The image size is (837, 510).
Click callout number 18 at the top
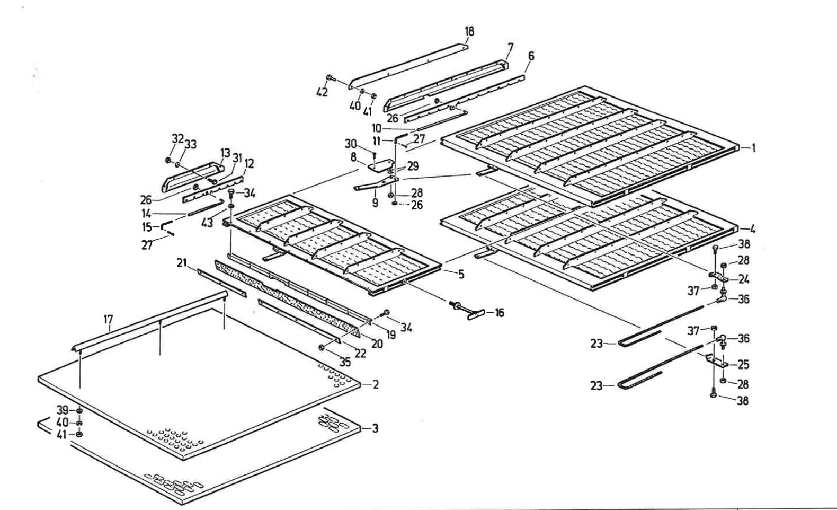[x=469, y=31]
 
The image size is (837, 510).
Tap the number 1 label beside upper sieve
[x=752, y=148]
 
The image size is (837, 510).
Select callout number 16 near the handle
[x=499, y=313]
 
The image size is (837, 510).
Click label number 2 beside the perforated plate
[x=376, y=384]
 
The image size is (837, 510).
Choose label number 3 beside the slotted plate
[x=375, y=428]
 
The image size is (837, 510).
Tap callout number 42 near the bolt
[x=322, y=92]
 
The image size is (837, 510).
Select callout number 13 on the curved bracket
[x=226, y=153]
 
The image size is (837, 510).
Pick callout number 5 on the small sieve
[x=461, y=274]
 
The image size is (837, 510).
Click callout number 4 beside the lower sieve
[x=752, y=230]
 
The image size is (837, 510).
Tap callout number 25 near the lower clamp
[x=744, y=365]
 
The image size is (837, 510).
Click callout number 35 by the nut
[x=345, y=363]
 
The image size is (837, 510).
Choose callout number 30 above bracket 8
[x=351, y=143]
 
